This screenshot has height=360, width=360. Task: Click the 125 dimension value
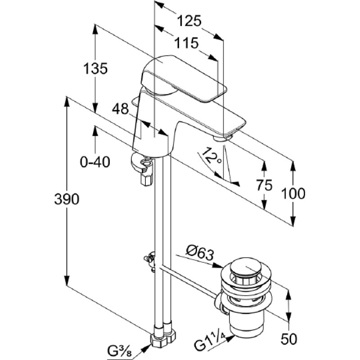(x=189, y=21)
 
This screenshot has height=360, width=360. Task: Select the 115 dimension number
(x=186, y=43)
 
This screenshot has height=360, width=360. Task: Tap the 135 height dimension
(x=95, y=68)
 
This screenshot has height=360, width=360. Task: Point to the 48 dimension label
(x=120, y=109)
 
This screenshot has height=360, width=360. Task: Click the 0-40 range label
(x=95, y=162)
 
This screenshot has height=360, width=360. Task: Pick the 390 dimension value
(x=67, y=199)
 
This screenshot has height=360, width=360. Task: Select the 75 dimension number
(x=264, y=185)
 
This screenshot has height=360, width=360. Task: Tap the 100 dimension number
(x=293, y=193)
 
